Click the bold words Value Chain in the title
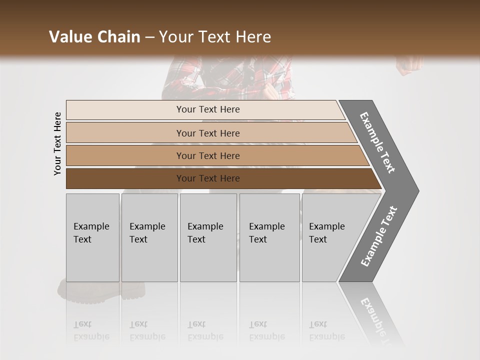pos(94,37)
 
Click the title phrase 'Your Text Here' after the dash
pos(215,37)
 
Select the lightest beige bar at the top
pos(125,110)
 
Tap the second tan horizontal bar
pos(125,133)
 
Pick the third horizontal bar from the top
pos(125,155)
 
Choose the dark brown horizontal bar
pos(125,178)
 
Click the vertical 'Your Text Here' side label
pos(57,144)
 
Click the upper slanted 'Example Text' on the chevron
pos(377,142)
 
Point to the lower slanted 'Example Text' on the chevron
pos(379,236)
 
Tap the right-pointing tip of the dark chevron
pos(415,191)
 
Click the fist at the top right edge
pos(409,64)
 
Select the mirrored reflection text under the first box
pos(91,330)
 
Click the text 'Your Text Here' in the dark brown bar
pos(208,178)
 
